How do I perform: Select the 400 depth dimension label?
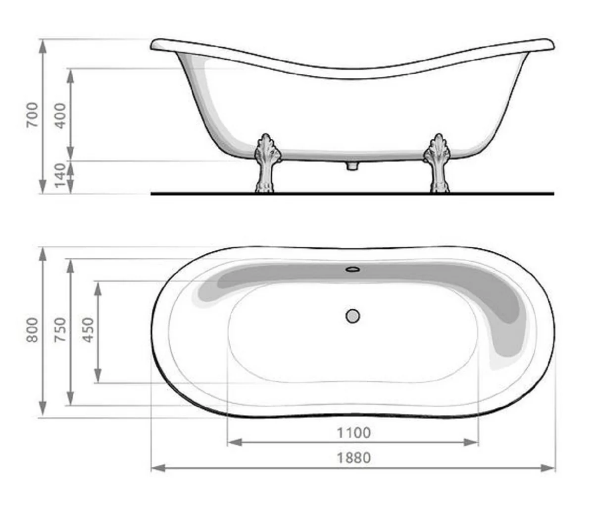click(60, 114)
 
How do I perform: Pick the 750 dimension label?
click(60, 330)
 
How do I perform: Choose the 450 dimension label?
click(88, 330)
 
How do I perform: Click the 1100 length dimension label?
click(353, 433)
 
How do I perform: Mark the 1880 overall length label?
click(353, 457)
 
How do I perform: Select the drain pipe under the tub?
click(352, 165)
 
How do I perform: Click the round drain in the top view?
click(352, 316)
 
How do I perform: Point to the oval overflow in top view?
click(352, 270)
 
